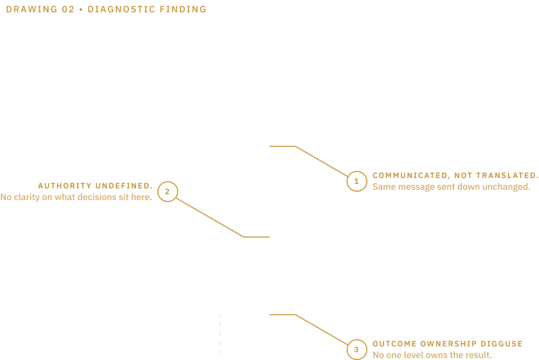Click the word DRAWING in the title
(32, 9)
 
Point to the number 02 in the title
(68, 9)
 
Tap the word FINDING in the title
(183, 9)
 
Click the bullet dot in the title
(81, 10)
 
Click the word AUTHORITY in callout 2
(65, 186)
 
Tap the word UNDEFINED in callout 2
(124, 186)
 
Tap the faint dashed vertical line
(220, 334)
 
